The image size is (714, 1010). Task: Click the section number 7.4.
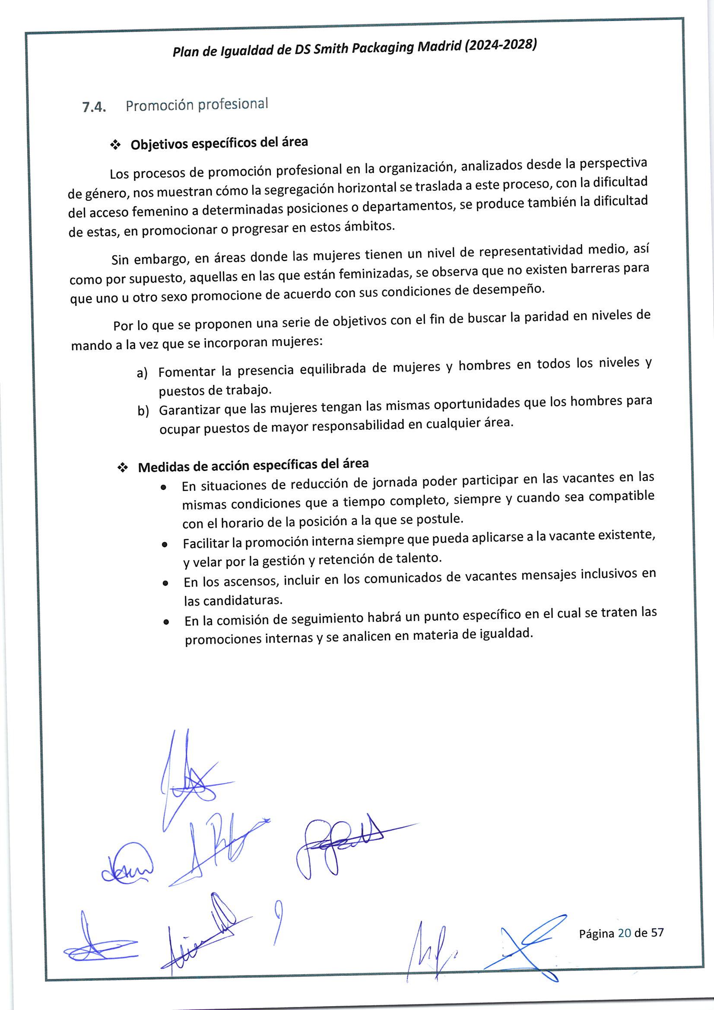tap(94, 107)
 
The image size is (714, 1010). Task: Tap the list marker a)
tap(142, 374)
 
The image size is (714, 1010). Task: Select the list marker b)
tap(143, 411)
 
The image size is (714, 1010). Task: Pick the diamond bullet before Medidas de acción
tap(123, 468)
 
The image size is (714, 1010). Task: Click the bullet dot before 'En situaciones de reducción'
tap(164, 487)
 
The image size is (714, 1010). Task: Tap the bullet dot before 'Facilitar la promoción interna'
tap(165, 545)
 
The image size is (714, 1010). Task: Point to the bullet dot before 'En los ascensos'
tap(165, 583)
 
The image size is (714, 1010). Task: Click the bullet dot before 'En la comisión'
tap(166, 622)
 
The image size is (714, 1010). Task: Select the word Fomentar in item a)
tap(187, 372)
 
